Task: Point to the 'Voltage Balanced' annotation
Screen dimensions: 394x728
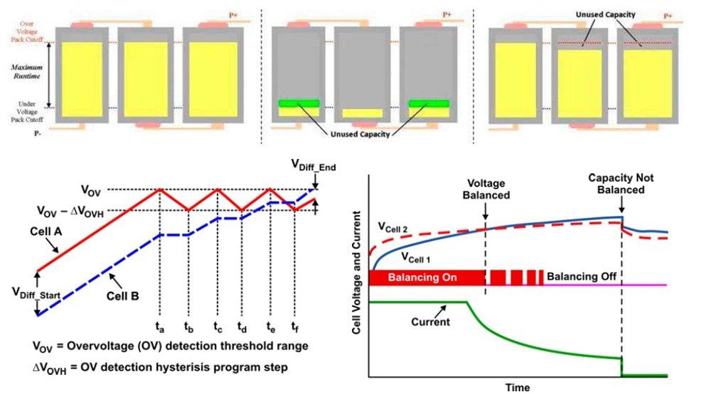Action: point(486,187)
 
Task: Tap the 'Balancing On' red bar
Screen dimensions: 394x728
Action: point(425,277)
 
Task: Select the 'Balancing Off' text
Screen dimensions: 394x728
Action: point(581,276)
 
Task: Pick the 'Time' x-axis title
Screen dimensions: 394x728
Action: point(518,388)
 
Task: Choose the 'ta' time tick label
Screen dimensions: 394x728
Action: point(161,329)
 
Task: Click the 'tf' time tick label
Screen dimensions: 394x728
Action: point(294,329)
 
